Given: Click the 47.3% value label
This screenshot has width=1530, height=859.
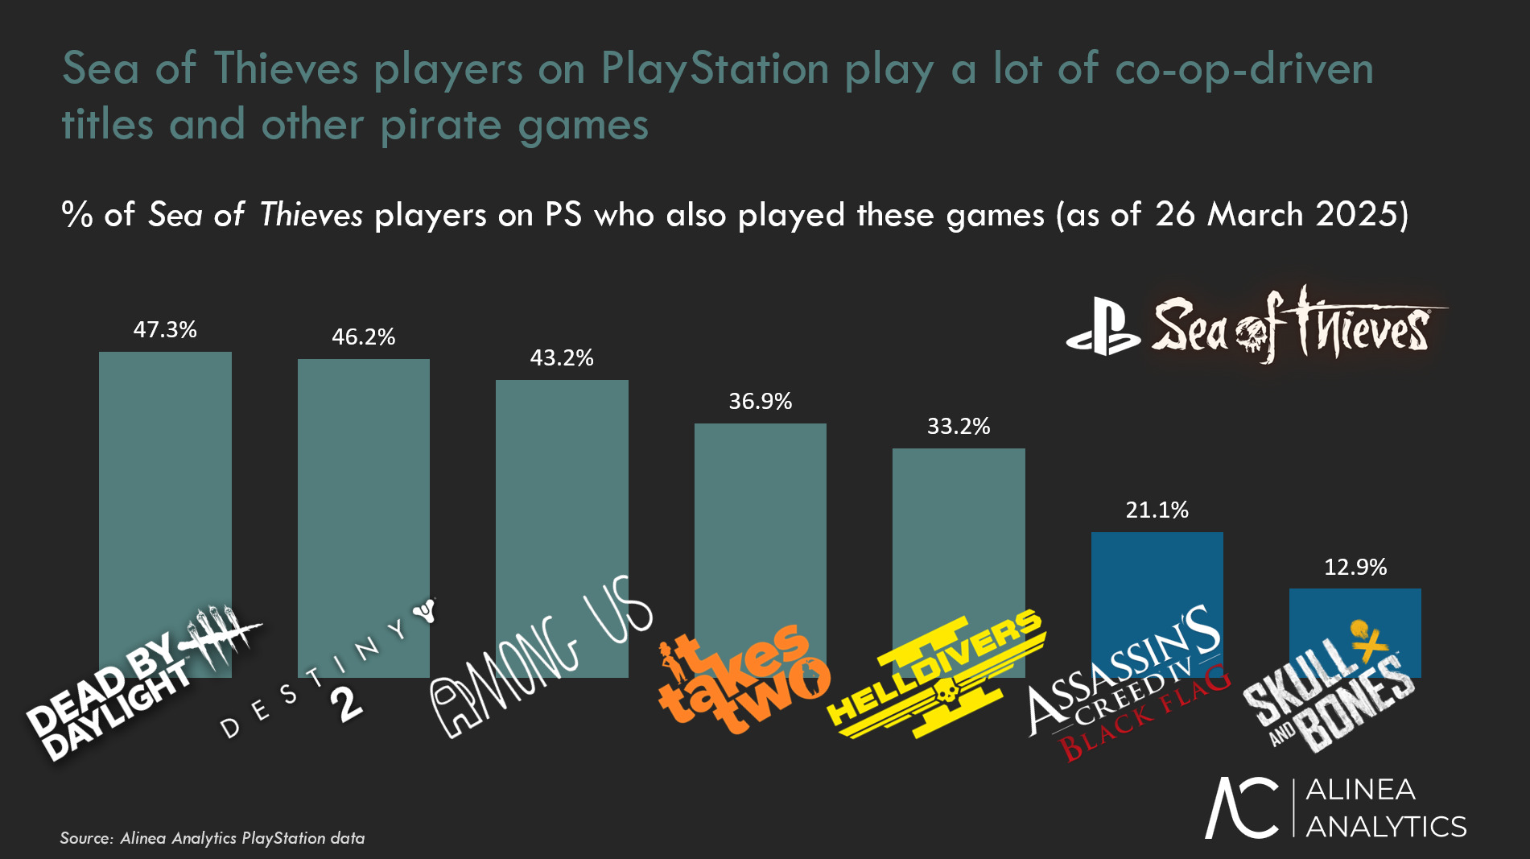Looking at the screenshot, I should pyautogui.click(x=165, y=330).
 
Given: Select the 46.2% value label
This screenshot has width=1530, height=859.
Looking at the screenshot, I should pyautogui.click(x=364, y=337).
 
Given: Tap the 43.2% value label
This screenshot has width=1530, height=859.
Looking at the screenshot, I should pyautogui.click(x=562, y=358).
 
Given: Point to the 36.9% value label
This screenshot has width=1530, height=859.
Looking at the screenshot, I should pyautogui.click(x=761, y=402).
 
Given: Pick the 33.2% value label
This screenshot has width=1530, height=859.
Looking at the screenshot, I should pyautogui.click(x=959, y=427).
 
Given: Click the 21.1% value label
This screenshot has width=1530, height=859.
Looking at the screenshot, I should pyautogui.click(x=1157, y=510).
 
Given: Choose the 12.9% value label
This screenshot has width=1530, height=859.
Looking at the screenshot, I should pyautogui.click(x=1355, y=568).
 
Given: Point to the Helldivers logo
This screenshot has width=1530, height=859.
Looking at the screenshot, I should pyautogui.click(x=938, y=676).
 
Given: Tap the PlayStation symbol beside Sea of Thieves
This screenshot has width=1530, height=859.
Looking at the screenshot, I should pyautogui.click(x=1103, y=328).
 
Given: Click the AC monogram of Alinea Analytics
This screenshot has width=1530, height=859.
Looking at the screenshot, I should pyautogui.click(x=1242, y=808).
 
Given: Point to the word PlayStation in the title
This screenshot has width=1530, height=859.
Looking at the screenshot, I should pyautogui.click(x=715, y=69).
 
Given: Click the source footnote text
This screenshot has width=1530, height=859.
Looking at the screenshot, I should pyautogui.click(x=212, y=838).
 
